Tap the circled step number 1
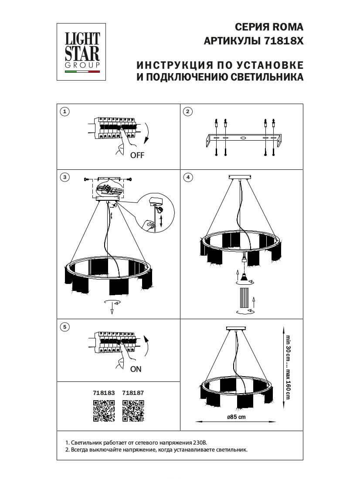(x=65, y=112)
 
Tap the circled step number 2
(x=187, y=112)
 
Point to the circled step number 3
(x=65, y=177)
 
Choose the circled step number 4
(x=187, y=177)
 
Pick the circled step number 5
(x=65, y=326)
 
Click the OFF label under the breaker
(x=137, y=155)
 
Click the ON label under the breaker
(x=136, y=369)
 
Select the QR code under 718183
(x=104, y=411)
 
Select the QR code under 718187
(x=133, y=411)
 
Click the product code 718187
(x=133, y=392)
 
